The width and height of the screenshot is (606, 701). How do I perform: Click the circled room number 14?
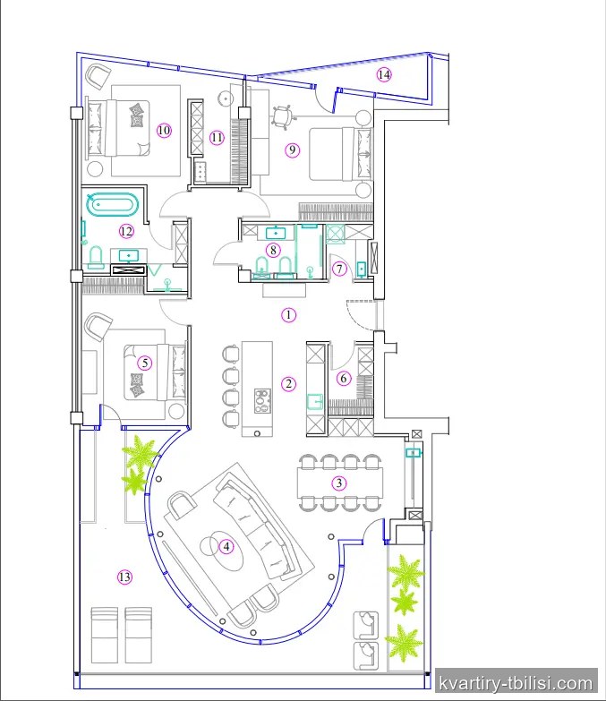384,74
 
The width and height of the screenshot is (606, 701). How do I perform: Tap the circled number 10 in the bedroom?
164,130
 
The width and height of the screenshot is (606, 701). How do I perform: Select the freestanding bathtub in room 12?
112,205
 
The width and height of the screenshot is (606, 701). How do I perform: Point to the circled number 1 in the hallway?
289,315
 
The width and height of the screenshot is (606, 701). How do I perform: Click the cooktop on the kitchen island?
263,400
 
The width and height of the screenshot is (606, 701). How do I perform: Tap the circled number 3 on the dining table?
339,483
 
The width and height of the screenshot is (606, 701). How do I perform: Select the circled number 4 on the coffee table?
226,546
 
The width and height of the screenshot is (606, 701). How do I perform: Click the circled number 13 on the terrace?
124,577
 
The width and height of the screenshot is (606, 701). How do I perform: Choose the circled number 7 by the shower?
339,269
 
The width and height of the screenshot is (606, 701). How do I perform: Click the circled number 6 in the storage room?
343,378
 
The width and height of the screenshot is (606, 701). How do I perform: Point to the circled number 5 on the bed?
144,363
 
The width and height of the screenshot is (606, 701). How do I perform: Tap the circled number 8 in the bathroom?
273,250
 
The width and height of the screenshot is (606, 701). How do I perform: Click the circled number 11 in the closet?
217,137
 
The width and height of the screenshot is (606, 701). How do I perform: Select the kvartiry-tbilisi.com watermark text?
516,684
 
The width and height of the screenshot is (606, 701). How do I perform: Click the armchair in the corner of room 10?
98,76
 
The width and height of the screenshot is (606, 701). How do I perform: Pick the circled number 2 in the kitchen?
289,383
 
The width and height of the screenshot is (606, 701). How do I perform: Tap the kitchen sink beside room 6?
315,401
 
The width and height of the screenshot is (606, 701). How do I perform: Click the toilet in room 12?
96,258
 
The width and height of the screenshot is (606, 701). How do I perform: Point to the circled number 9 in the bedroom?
293,150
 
